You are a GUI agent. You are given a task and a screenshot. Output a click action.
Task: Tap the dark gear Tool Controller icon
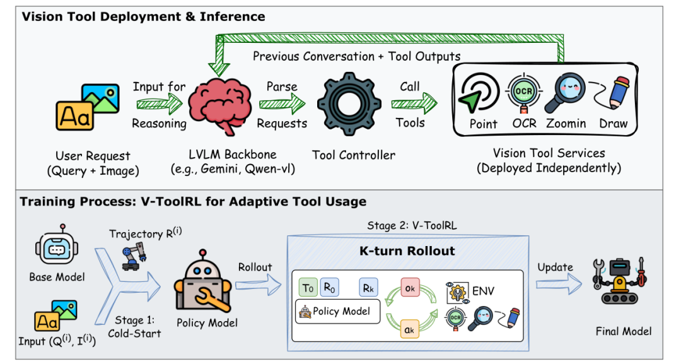tap(349, 105)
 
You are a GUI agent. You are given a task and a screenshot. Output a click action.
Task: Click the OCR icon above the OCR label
tap(524, 93)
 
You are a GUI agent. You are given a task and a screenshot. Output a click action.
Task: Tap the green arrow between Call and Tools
tap(414, 104)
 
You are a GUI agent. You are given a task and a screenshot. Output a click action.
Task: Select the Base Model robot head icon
tap(57, 246)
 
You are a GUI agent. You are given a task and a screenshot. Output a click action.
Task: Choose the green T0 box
tap(308, 288)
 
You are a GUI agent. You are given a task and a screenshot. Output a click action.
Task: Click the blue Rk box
tap(368, 288)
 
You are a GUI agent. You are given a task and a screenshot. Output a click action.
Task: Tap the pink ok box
tap(410, 288)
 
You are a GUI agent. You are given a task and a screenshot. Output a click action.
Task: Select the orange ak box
tap(409, 329)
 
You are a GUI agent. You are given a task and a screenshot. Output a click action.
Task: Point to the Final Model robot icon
tap(620, 281)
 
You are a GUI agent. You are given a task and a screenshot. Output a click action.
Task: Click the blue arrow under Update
tap(559, 285)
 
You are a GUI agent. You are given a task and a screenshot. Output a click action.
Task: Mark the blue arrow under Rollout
tap(259, 285)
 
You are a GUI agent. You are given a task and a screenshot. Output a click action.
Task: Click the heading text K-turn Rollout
tap(407, 251)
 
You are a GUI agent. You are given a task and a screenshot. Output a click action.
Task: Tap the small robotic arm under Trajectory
tap(134, 256)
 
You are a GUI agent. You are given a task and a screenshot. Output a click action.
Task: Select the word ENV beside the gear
tap(483, 291)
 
